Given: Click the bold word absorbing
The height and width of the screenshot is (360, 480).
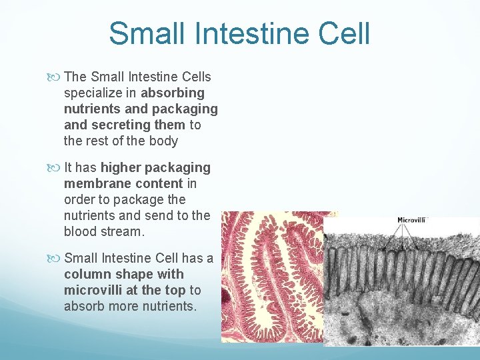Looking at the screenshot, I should tap(173, 93).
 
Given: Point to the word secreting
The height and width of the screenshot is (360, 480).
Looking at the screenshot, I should tap(123, 125).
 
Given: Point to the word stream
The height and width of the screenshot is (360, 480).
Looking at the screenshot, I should tap(123, 231).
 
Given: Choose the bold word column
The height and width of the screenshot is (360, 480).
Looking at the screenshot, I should tap(88, 274).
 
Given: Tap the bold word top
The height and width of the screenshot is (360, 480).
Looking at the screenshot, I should tap(175, 290).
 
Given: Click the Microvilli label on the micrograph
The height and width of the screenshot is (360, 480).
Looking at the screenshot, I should tap(411, 220).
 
